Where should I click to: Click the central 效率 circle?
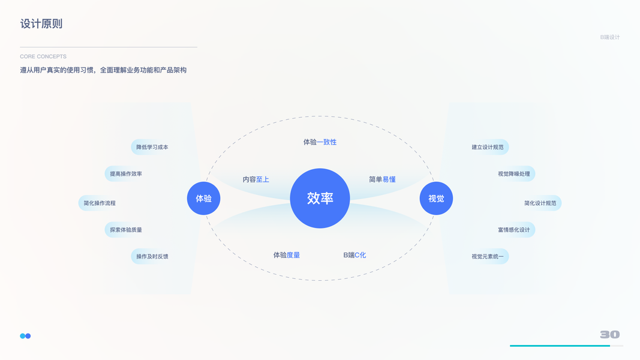tap(320, 198)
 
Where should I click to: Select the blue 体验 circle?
tap(204, 198)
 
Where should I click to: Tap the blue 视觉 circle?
tap(436, 198)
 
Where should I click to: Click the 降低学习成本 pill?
tap(152, 147)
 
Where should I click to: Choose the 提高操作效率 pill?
tap(126, 174)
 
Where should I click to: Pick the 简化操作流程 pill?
tap(100, 203)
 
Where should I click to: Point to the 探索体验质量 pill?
tap(126, 230)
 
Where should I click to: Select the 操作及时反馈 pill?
tap(152, 256)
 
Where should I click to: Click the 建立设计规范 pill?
tap(488, 147)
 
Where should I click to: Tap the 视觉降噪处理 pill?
tap(514, 174)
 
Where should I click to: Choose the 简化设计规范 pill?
tap(540, 203)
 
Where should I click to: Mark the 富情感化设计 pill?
tap(514, 230)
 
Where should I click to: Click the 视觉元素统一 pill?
tap(488, 256)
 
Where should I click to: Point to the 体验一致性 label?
tap(320, 142)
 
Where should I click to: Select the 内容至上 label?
tap(256, 179)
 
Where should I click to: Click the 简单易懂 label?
tap(382, 179)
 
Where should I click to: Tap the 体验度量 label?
tap(287, 255)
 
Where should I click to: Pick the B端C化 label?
tap(354, 255)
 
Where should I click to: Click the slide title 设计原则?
tap(41, 24)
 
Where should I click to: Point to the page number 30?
tap(609, 334)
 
